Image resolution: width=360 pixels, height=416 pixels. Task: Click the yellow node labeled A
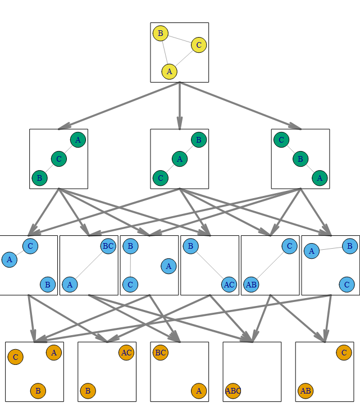tap(169, 71)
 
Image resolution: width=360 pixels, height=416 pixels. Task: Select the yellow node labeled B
tap(160, 34)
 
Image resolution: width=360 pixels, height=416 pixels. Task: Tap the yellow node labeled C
tap(199, 45)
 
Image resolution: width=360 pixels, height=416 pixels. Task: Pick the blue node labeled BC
tap(108, 246)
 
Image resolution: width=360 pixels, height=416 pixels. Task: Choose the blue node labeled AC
tap(229, 285)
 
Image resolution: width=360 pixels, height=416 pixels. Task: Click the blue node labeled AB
tap(251, 285)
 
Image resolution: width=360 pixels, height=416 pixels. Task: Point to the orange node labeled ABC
tap(233, 391)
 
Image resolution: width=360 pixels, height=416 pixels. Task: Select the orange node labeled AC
tap(126, 353)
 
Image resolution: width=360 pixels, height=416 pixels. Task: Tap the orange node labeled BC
tap(160, 353)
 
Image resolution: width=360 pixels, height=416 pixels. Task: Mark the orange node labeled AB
tap(306, 391)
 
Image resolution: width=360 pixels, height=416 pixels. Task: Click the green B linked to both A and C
tap(300, 159)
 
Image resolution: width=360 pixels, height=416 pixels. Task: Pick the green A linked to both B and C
tap(180, 159)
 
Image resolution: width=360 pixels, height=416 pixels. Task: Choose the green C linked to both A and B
tap(58, 159)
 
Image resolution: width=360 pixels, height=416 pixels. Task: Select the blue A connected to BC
tap(70, 285)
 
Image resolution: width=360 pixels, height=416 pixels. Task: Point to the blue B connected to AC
tap(190, 246)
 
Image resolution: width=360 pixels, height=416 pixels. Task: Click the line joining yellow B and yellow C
tap(180, 39)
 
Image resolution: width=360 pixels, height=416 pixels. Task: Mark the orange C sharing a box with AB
tap(344, 353)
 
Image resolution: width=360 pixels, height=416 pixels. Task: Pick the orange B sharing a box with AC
tap(88, 391)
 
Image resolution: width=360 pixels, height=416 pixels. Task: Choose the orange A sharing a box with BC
tap(199, 391)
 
